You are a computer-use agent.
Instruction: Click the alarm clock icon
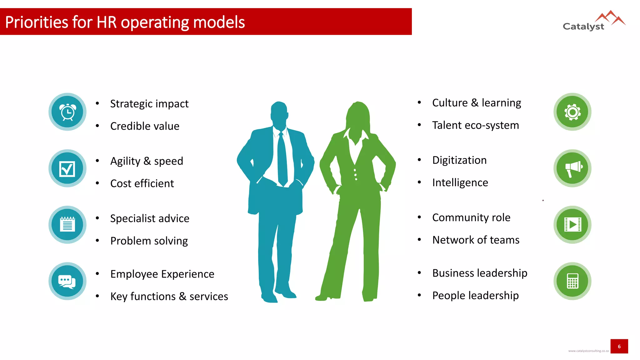coord(67,112)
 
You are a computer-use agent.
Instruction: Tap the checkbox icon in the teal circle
coord(67,169)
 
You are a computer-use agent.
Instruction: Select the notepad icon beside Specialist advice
coord(67,224)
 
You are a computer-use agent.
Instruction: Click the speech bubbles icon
coord(67,281)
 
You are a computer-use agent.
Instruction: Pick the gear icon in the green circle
coord(572,112)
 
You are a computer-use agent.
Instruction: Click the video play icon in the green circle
coord(572,224)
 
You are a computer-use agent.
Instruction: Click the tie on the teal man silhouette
coord(282,159)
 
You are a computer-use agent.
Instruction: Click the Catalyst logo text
coord(583,26)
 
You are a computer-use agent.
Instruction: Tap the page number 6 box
coord(619,346)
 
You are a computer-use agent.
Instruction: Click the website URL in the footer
coord(588,351)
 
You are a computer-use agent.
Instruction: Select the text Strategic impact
coord(149,104)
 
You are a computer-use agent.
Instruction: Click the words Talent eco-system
coord(475,125)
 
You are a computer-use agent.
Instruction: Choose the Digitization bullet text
coord(459,160)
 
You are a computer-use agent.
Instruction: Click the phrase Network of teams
coord(476,240)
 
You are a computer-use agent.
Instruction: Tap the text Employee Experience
coord(162,274)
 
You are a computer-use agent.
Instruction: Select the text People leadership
coord(475,296)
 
